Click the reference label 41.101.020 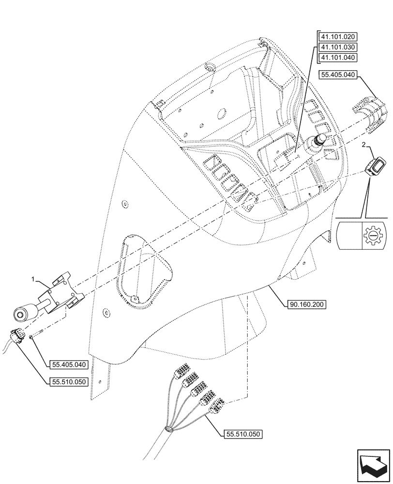point(337,37)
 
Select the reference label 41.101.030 point(337,47)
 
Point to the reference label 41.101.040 point(337,58)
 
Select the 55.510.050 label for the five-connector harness point(243,434)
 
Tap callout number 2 point(367,145)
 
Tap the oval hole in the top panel point(222,114)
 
